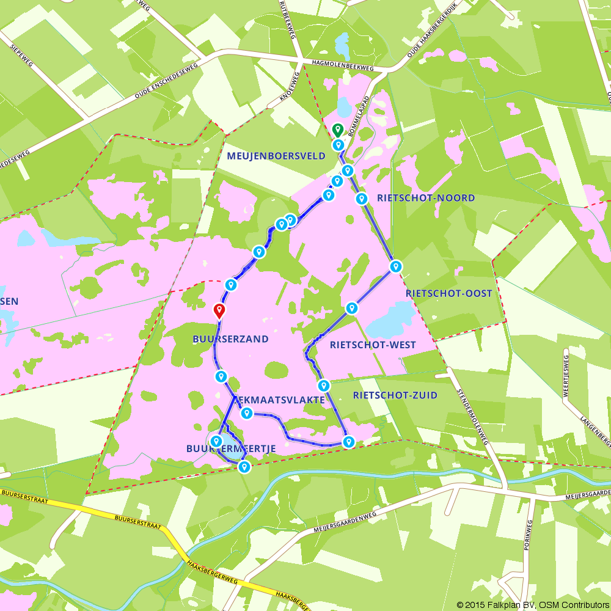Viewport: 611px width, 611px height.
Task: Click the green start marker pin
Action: point(337,130)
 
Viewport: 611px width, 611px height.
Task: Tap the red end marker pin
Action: point(219,310)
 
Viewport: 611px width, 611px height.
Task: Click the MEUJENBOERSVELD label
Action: point(276,156)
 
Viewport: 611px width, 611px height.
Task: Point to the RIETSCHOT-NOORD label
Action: point(426,198)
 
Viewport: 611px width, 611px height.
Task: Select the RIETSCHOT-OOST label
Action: point(448,293)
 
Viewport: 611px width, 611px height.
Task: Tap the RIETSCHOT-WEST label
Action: point(372,345)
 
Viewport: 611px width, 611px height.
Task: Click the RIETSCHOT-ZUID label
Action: point(395,395)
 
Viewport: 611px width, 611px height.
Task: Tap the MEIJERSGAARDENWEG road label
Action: point(345,519)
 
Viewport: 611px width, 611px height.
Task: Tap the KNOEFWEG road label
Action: point(285,89)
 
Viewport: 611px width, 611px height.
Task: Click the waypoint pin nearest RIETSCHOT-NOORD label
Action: point(361,199)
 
